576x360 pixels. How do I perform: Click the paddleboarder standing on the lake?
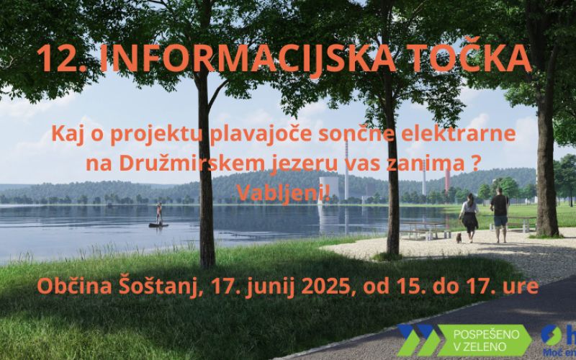tap(158, 214)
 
